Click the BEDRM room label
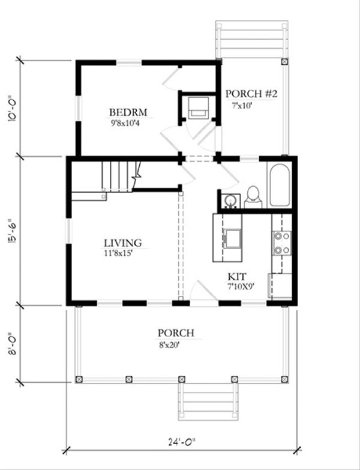coord(128,112)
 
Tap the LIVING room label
coord(123,243)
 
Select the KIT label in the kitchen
coord(237,276)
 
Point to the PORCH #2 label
coord(251,94)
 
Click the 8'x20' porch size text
coord(169,345)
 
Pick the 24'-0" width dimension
coord(181,442)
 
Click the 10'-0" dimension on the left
coord(13,109)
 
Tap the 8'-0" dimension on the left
coord(13,343)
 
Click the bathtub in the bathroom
coord(280,185)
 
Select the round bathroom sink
coord(230,200)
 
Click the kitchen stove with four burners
coord(282,243)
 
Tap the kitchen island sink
coord(233,238)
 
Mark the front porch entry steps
coord(208,402)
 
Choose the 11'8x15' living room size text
coord(118,253)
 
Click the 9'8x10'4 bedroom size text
coord(125,123)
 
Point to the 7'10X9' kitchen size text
coord(241,286)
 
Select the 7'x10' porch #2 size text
coord(242,106)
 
